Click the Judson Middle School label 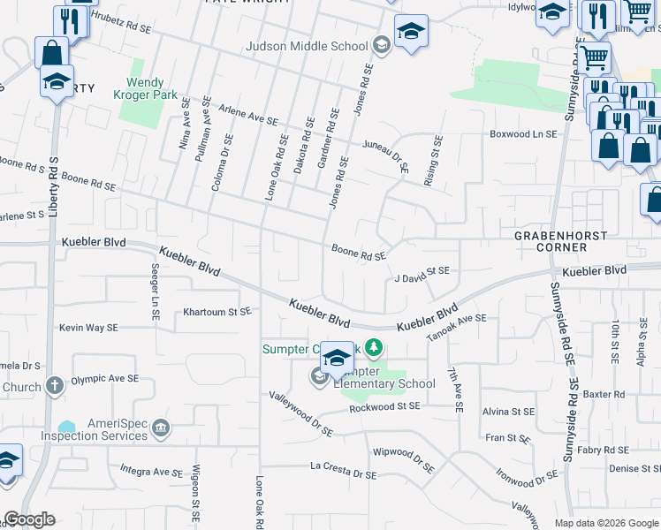pos(307,46)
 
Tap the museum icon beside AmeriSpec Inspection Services pos(161,430)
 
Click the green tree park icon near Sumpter pos(375,349)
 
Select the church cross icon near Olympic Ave pos(54,385)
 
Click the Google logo pos(29,519)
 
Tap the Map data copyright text pos(605,523)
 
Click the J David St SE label pos(422,278)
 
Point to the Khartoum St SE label pos(217,312)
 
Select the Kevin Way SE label pos(88,328)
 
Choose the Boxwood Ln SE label pos(524,134)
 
